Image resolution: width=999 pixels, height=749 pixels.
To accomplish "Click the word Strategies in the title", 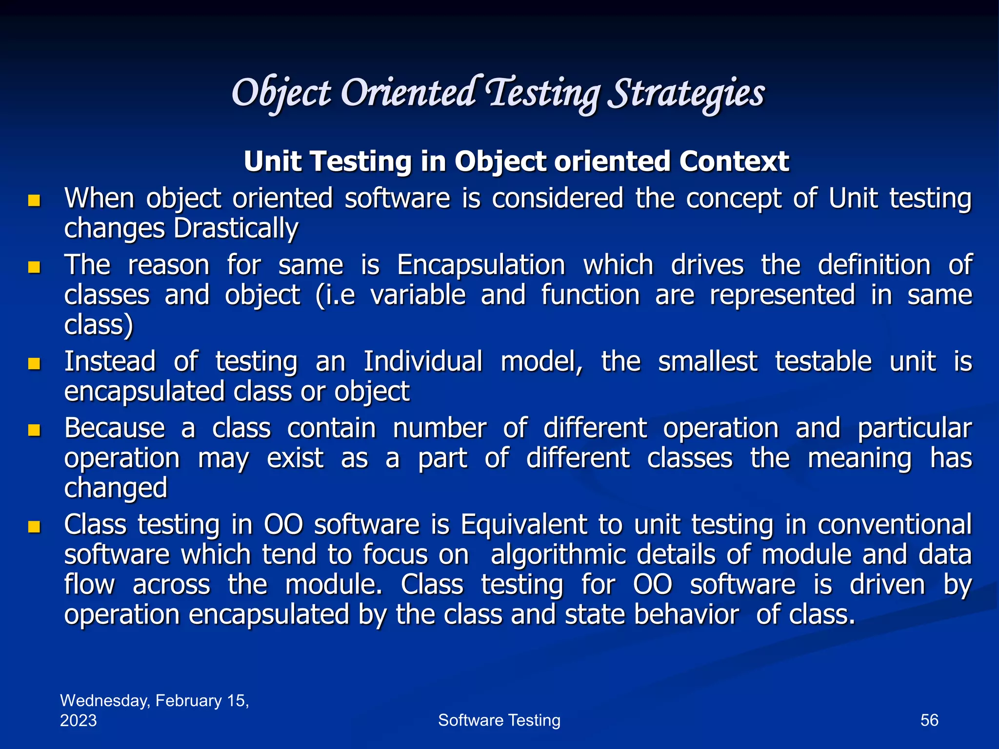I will tap(688, 94).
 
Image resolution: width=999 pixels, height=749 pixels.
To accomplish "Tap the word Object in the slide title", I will tap(281, 94).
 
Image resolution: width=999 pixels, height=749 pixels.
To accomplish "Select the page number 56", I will tap(929, 720).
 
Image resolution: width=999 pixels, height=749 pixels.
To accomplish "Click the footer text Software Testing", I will tap(499, 720).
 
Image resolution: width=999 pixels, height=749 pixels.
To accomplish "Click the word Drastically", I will tap(236, 228).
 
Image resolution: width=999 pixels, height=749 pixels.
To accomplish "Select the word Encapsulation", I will tap(481, 265).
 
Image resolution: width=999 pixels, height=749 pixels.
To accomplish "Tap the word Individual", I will tap(423, 362).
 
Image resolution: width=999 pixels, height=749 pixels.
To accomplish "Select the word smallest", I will tap(707, 362).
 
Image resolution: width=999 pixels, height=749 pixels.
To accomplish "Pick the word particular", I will tap(915, 429).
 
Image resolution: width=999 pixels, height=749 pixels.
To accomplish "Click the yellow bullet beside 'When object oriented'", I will tap(34, 200).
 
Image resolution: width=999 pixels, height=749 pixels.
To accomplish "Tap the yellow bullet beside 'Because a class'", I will tap(34, 430).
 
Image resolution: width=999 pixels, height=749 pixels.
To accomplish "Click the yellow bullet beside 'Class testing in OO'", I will tap(34, 527).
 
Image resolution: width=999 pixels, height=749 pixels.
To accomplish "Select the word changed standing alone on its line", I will tap(116, 488).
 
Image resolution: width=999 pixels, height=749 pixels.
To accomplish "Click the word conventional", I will tap(895, 525).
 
